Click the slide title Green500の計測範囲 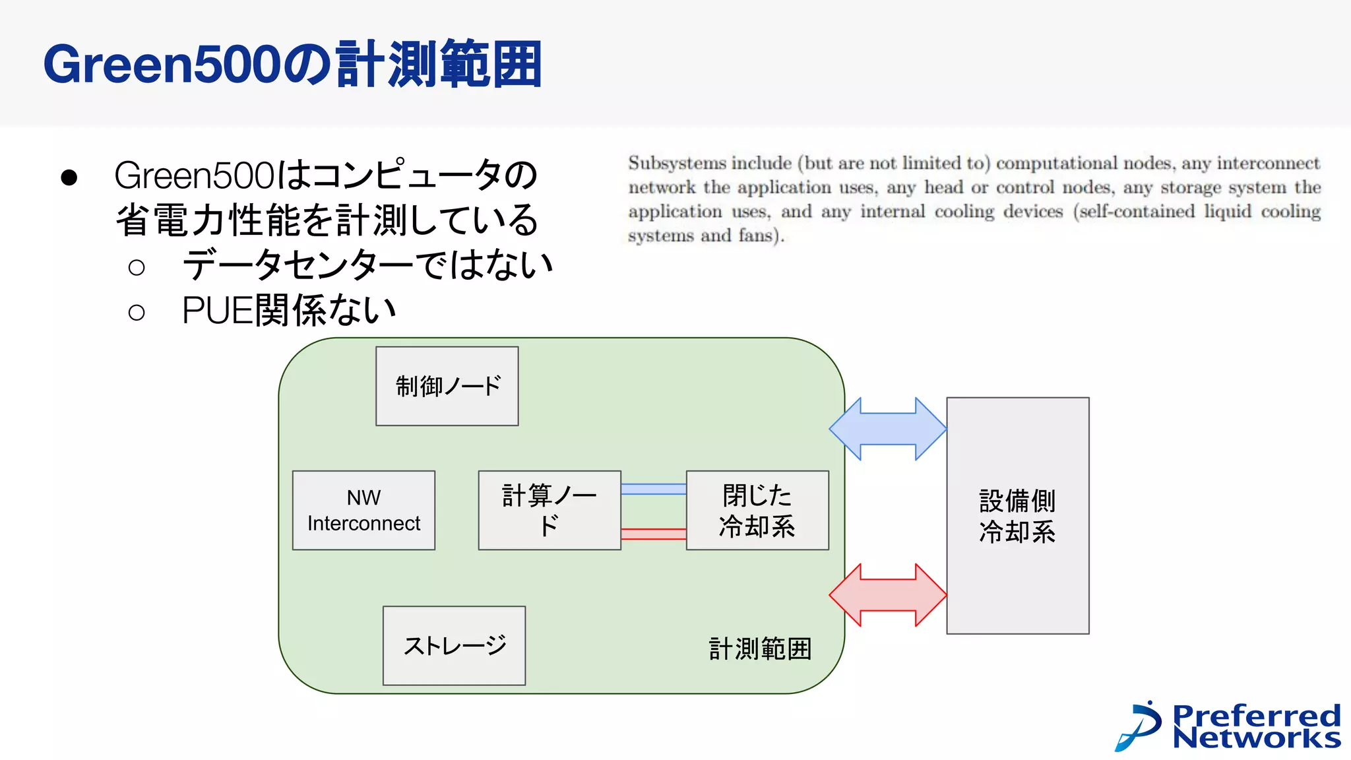pyautogui.click(x=292, y=64)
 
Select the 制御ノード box pyautogui.click(x=447, y=386)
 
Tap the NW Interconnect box pyautogui.click(x=363, y=510)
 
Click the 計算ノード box pyautogui.click(x=549, y=510)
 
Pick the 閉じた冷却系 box pyautogui.click(x=757, y=510)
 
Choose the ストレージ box pyautogui.click(x=454, y=645)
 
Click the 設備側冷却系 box pyautogui.click(x=1017, y=515)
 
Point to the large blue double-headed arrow pyautogui.click(x=888, y=429)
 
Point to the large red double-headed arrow pyautogui.click(x=888, y=594)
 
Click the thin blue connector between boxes pyautogui.click(x=653, y=489)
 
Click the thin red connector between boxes pyautogui.click(x=653, y=534)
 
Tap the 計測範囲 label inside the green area pyautogui.click(x=760, y=649)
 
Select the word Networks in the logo pyautogui.click(x=1257, y=738)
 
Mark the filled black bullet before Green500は pyautogui.click(x=69, y=177)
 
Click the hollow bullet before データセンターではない pyautogui.click(x=137, y=267)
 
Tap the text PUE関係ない pyautogui.click(x=288, y=310)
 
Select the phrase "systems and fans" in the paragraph pyautogui.click(x=703, y=236)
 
